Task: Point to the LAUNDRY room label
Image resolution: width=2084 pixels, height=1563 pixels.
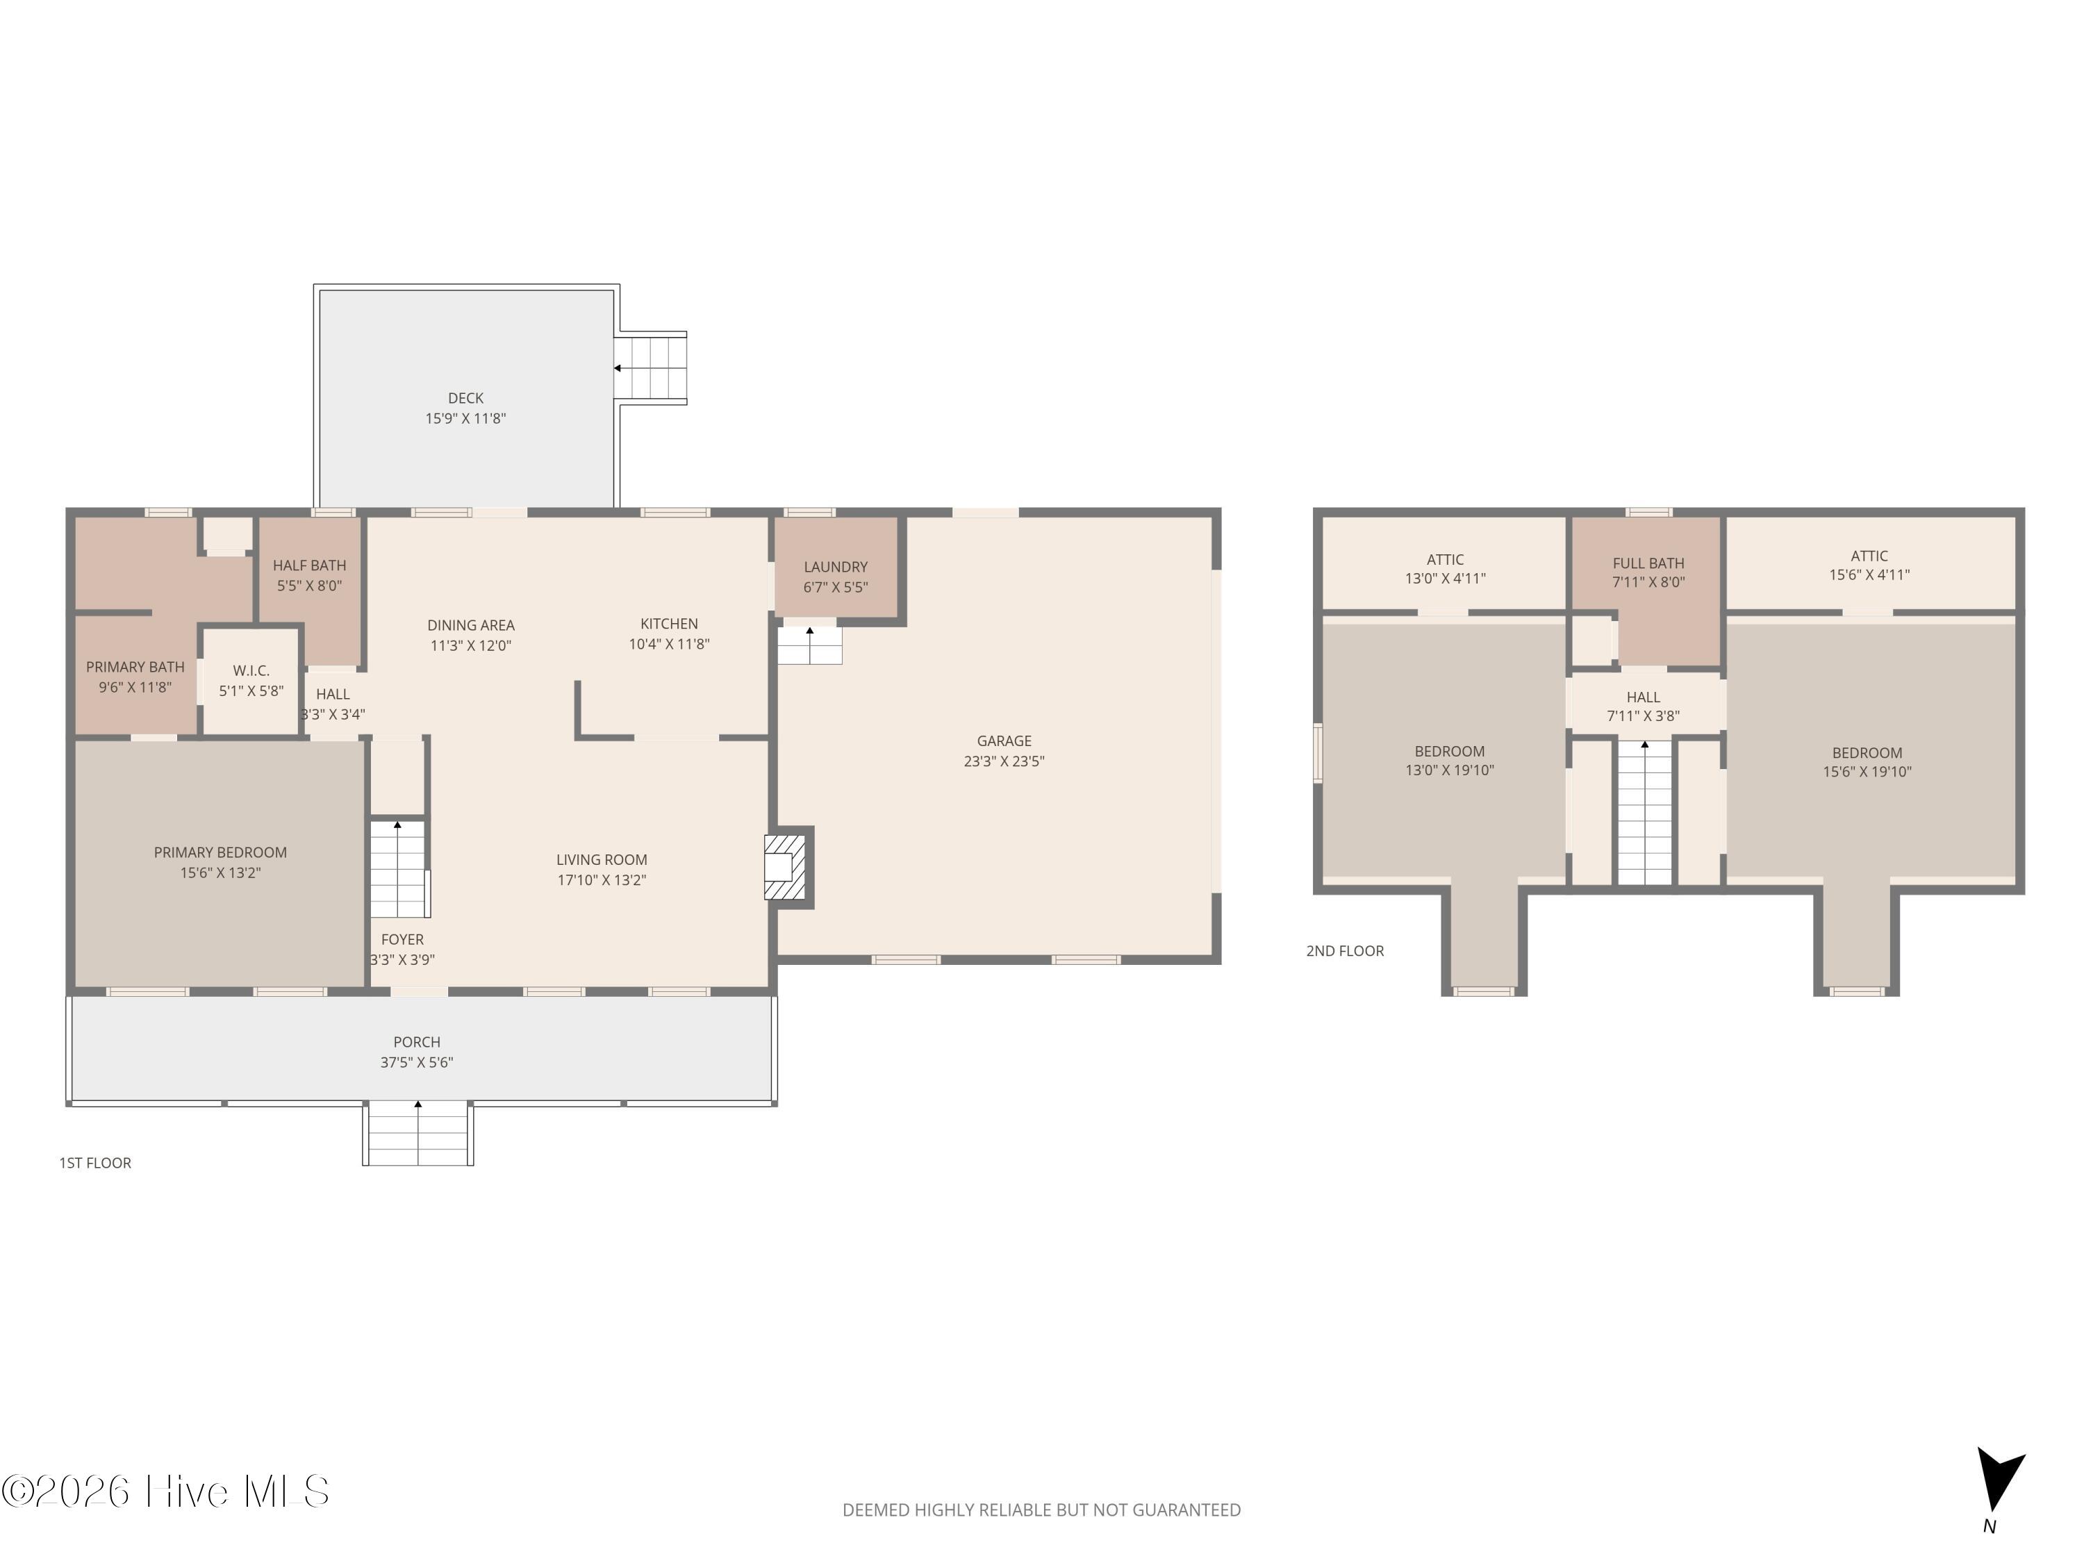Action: click(x=836, y=567)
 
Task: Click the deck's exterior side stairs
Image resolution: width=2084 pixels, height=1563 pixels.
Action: click(x=651, y=368)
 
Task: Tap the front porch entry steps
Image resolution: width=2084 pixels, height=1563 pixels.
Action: click(x=418, y=1134)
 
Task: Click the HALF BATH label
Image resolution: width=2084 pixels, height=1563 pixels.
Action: click(x=309, y=565)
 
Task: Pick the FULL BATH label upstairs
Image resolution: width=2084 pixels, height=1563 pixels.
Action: click(x=1648, y=563)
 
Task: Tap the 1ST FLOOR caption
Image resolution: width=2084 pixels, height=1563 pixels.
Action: click(x=95, y=1164)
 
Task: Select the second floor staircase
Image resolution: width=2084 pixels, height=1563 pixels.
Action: click(x=1645, y=812)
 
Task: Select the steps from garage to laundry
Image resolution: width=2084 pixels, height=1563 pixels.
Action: click(x=809, y=646)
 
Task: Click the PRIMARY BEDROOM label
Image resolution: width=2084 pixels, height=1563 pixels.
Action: click(x=220, y=852)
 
